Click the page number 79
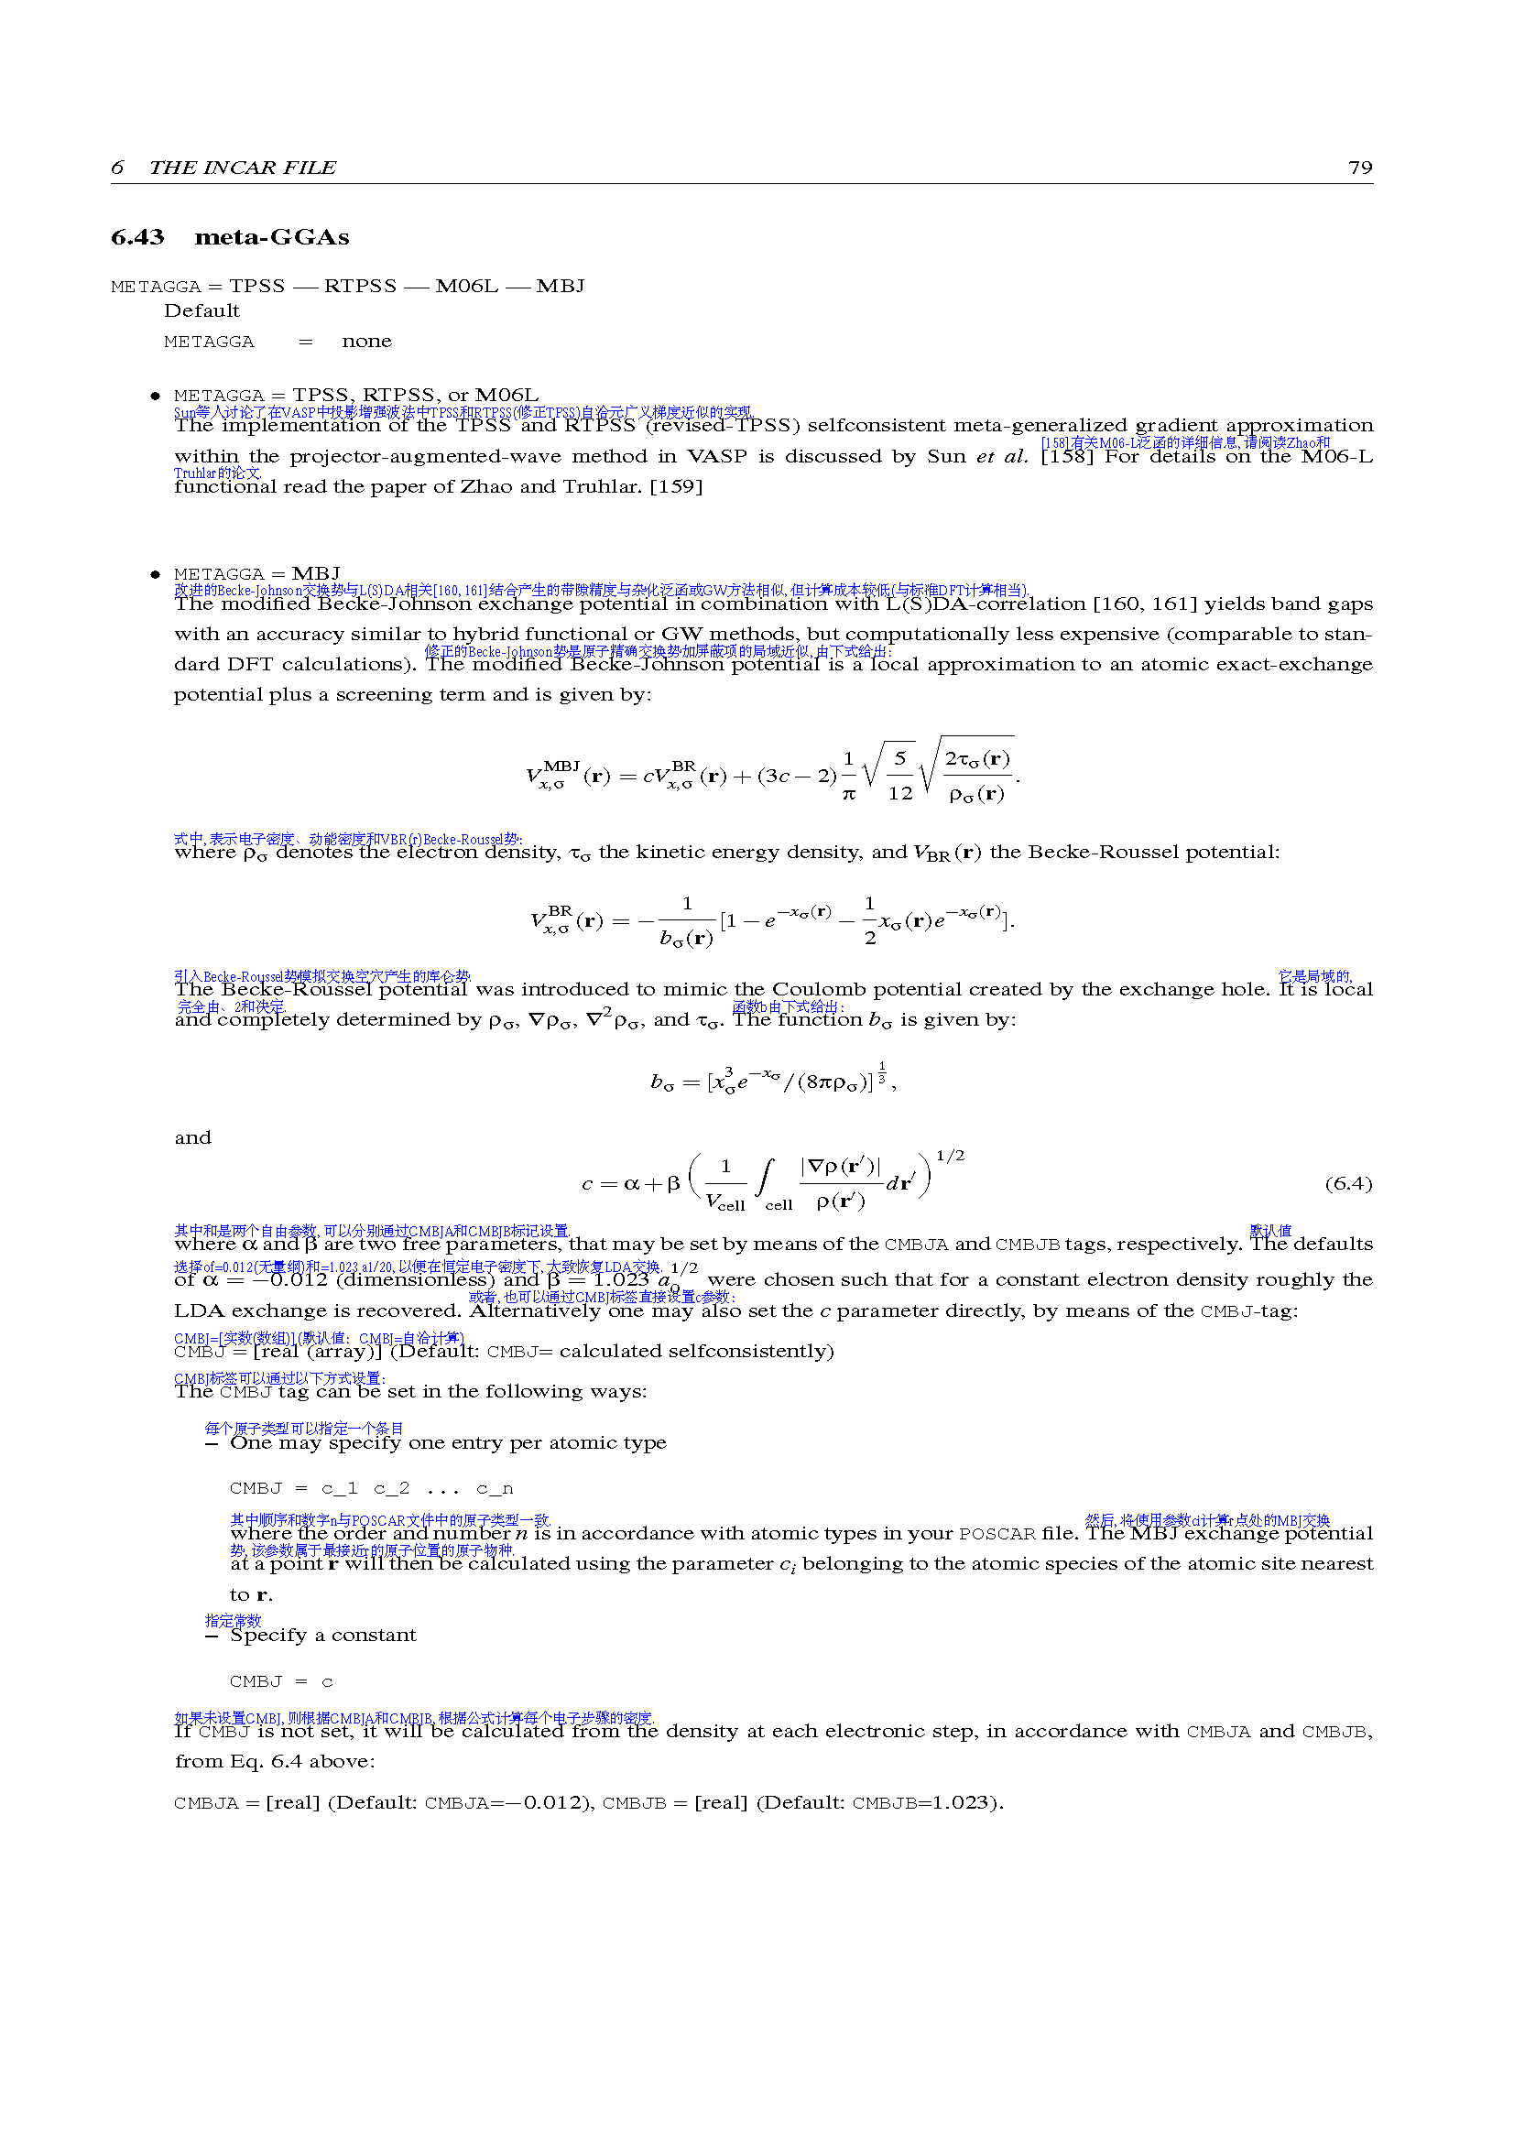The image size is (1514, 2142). click(1360, 168)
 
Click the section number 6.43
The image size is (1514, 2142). click(137, 238)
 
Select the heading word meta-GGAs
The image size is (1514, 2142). click(271, 238)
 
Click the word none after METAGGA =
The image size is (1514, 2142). click(366, 342)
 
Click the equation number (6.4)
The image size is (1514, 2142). click(1348, 1184)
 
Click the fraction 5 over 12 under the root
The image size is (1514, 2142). click(899, 776)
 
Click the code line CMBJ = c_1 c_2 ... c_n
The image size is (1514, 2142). click(370, 1488)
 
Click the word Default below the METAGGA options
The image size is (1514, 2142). click(202, 310)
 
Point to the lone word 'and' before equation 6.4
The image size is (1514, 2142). click(193, 1137)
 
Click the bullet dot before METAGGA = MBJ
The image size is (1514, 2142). click(156, 575)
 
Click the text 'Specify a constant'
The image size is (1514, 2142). click(322, 1635)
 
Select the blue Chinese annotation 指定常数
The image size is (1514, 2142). click(234, 1621)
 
